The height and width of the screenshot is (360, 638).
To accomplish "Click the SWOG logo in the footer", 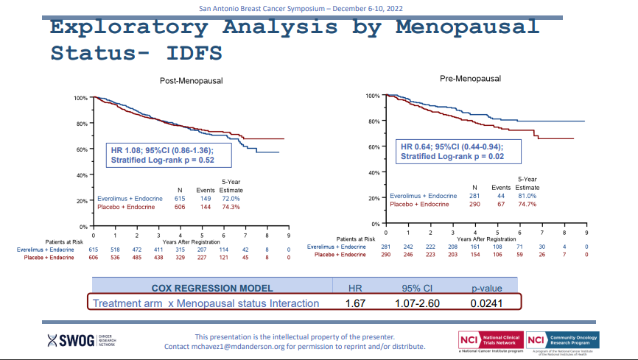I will coord(81,341).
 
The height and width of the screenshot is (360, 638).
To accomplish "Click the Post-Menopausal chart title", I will coord(191,81).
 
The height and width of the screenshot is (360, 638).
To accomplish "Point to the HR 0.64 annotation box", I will coord(458,152).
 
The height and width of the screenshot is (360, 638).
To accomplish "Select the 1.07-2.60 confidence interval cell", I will coord(417,303).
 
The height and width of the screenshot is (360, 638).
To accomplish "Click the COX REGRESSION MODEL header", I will coord(211,288).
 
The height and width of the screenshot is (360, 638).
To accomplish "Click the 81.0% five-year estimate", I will coord(527,195).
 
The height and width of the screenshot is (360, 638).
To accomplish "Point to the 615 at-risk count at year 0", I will coord(94,250).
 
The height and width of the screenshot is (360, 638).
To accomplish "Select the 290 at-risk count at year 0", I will coord(385,254).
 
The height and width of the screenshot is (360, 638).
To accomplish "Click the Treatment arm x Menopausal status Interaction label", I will coord(206,303).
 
